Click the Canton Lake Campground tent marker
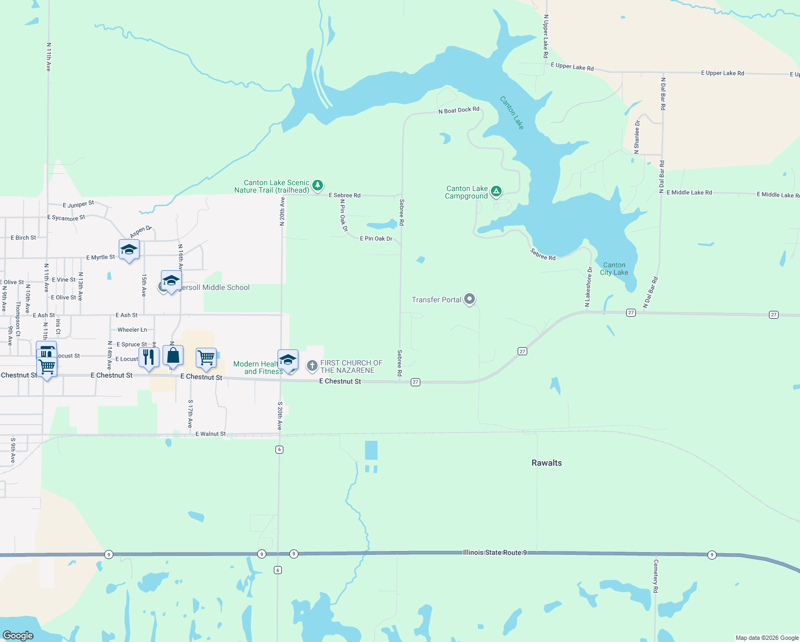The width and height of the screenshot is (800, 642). (496, 191)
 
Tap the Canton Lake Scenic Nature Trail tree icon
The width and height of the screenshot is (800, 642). (318, 185)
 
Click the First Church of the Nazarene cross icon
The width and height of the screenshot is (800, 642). (312, 366)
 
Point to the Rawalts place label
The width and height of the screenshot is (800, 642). (547, 463)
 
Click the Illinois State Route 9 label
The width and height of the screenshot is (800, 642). (495, 552)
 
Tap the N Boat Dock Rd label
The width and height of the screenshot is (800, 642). (459, 110)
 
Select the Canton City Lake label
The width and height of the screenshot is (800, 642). (614, 269)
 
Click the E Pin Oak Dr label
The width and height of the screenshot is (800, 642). (376, 239)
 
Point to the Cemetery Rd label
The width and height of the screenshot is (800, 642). (656, 576)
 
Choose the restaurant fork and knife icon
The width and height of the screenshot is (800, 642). (149, 357)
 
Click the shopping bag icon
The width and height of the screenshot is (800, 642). (173, 355)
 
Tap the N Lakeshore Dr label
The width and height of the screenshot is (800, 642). (588, 287)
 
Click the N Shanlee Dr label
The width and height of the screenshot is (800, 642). (637, 137)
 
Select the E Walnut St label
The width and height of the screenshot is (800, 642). (211, 434)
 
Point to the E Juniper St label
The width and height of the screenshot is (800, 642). (78, 204)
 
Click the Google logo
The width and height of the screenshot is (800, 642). (18, 635)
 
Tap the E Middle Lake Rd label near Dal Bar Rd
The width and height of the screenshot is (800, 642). (689, 193)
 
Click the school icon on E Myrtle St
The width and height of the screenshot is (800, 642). (129, 249)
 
